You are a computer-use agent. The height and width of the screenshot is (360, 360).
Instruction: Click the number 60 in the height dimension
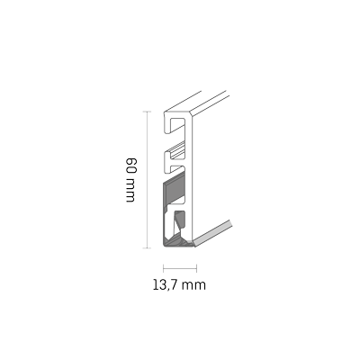[131, 165]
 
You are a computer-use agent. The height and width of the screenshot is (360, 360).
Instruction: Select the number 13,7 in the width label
[165, 284]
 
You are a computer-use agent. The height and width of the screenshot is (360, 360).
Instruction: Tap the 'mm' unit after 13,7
[193, 286]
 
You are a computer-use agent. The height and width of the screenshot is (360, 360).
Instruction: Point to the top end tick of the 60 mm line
[147, 112]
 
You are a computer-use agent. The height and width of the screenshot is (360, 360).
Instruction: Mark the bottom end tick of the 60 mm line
[147, 248]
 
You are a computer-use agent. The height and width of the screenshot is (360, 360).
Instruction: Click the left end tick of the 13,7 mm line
[163, 268]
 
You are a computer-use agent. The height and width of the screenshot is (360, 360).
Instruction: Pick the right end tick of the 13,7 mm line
[196, 268]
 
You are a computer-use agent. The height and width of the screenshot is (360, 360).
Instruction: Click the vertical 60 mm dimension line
[147, 180]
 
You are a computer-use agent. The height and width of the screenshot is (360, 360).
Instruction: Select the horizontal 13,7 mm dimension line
[180, 268]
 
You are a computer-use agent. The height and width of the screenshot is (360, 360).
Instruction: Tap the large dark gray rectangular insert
[174, 190]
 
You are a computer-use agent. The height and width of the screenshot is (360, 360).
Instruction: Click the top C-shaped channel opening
[177, 125]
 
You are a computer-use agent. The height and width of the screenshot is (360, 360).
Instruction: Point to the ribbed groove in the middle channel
[177, 152]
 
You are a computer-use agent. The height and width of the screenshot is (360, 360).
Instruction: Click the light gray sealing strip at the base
[212, 233]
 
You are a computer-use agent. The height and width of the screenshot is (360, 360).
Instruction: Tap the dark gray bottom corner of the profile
[177, 242]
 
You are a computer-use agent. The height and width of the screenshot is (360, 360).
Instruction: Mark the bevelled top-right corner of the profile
[192, 115]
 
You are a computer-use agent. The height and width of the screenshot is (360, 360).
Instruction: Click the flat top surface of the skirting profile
[195, 102]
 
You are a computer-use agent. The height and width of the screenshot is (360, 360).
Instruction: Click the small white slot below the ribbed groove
[176, 168]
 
